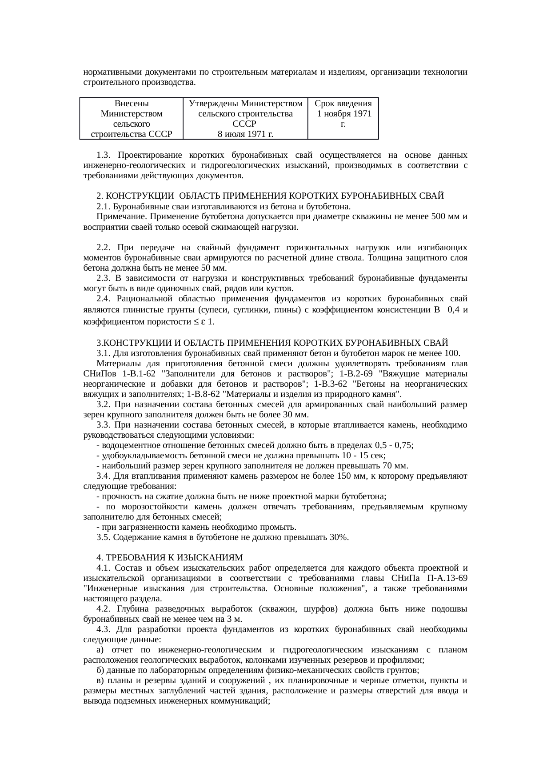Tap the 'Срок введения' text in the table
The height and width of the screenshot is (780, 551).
tap(343, 104)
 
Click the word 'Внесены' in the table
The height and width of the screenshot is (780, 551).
tap(132, 104)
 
